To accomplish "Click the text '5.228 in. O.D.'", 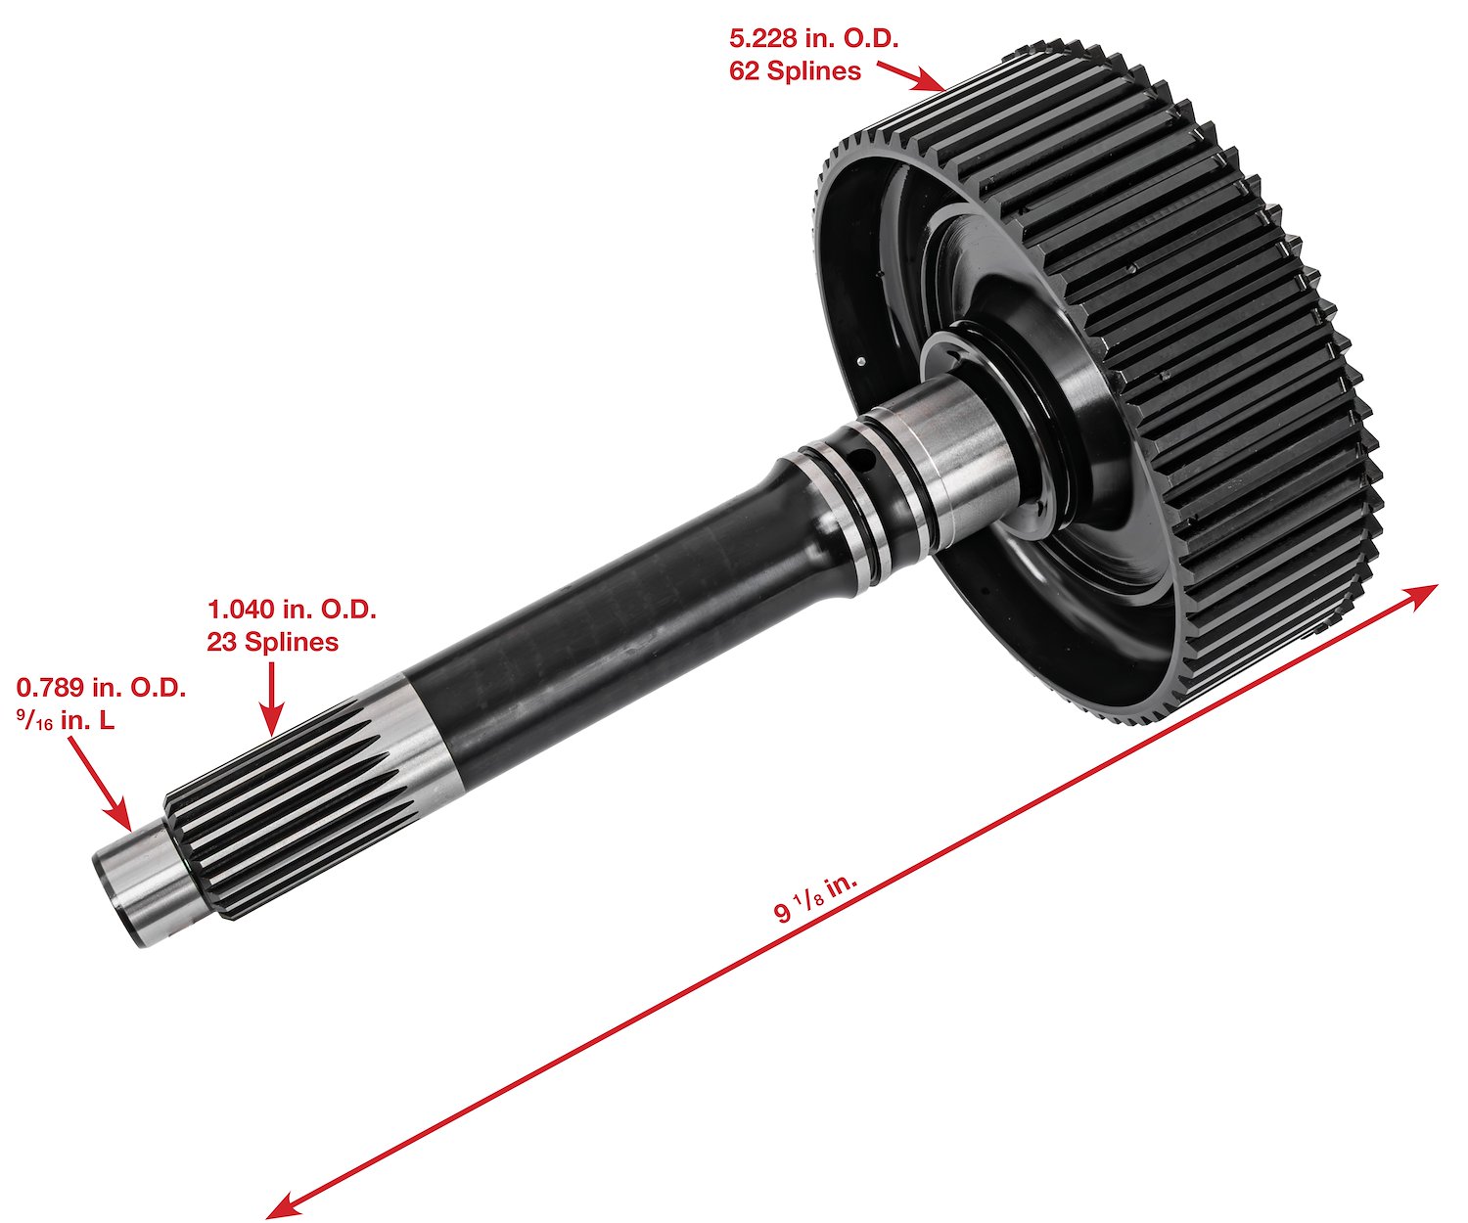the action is pos(814,39).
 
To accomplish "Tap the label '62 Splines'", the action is pos(795,71).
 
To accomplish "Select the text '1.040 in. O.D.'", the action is pos(292,610).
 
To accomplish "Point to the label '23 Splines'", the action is pos(272,642).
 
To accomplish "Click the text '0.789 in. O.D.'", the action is pos(101,688).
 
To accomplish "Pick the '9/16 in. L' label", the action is pos(66,720).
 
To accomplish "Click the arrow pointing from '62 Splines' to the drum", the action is pos(911,77).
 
